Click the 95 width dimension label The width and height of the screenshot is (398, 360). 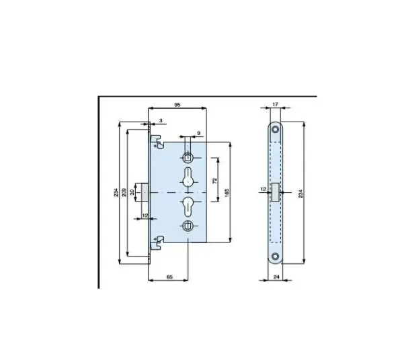[177, 105]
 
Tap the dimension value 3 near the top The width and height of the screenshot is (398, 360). [161, 121]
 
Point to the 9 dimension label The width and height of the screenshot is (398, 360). [199, 133]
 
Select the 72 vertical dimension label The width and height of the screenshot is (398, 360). [215, 181]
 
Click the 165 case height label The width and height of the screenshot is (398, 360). [227, 193]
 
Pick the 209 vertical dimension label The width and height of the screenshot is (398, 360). [124, 192]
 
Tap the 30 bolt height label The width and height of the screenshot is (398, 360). [132, 192]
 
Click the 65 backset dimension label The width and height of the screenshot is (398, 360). [169, 277]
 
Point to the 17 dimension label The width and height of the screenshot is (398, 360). [275, 104]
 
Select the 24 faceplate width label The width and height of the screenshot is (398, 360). [276, 277]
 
